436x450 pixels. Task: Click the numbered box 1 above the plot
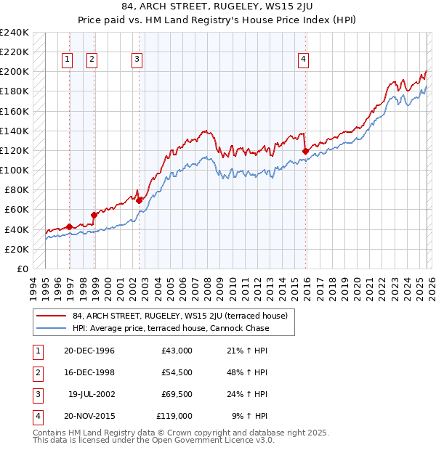tap(68, 60)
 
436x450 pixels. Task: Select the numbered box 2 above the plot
tap(92, 60)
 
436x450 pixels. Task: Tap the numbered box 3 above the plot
tap(137, 60)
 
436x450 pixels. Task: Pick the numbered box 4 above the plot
tap(303, 60)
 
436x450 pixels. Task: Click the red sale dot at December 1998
tap(94, 215)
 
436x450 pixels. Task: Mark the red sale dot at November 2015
tap(305, 151)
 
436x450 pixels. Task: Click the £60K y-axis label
tap(17, 209)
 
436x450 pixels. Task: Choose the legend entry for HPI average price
tap(171, 328)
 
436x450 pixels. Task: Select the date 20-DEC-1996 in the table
tap(89, 351)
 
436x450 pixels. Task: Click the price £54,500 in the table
tap(177, 372)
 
